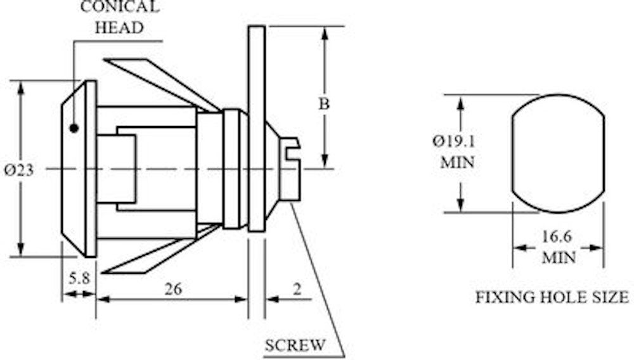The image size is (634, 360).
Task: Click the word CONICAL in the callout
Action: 120,6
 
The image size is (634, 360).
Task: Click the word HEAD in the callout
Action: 119,28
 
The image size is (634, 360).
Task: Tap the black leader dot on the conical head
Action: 74,129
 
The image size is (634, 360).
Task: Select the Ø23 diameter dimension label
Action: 18,170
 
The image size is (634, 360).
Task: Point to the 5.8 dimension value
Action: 79,278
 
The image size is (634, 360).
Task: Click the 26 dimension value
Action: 173,289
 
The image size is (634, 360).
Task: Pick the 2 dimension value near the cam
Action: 297,289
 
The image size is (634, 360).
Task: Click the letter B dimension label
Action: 324,104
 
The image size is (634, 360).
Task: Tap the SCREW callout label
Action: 295,345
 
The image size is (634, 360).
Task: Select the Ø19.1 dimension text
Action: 454,141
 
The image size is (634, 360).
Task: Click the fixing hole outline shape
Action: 513,153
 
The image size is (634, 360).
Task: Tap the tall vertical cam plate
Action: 257,129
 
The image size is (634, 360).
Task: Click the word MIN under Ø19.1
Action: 457,162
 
